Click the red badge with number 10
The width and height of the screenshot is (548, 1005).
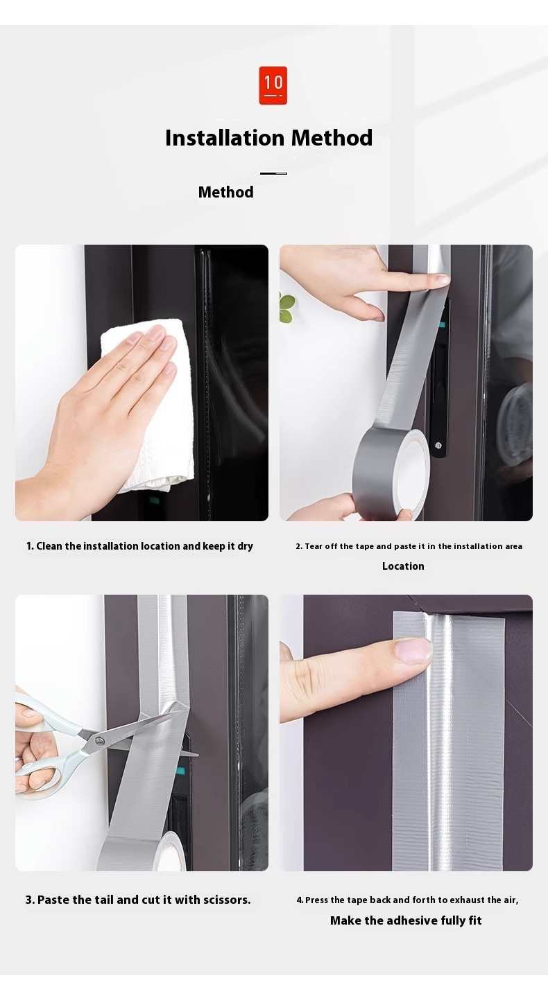273,85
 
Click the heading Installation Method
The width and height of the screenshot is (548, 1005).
268,138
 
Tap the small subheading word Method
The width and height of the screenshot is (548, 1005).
225,192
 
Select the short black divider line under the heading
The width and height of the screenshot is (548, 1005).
273,173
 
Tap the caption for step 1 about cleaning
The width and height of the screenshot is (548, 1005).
139,546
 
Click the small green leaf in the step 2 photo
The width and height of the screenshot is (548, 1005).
286,308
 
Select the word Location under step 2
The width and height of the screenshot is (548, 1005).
403,566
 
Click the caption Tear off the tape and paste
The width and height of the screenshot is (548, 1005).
409,546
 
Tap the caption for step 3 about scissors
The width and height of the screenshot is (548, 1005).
138,900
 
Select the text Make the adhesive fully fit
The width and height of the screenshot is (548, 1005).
406,920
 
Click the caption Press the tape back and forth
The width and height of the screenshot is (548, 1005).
407,900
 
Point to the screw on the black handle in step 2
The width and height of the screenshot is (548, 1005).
438,445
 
